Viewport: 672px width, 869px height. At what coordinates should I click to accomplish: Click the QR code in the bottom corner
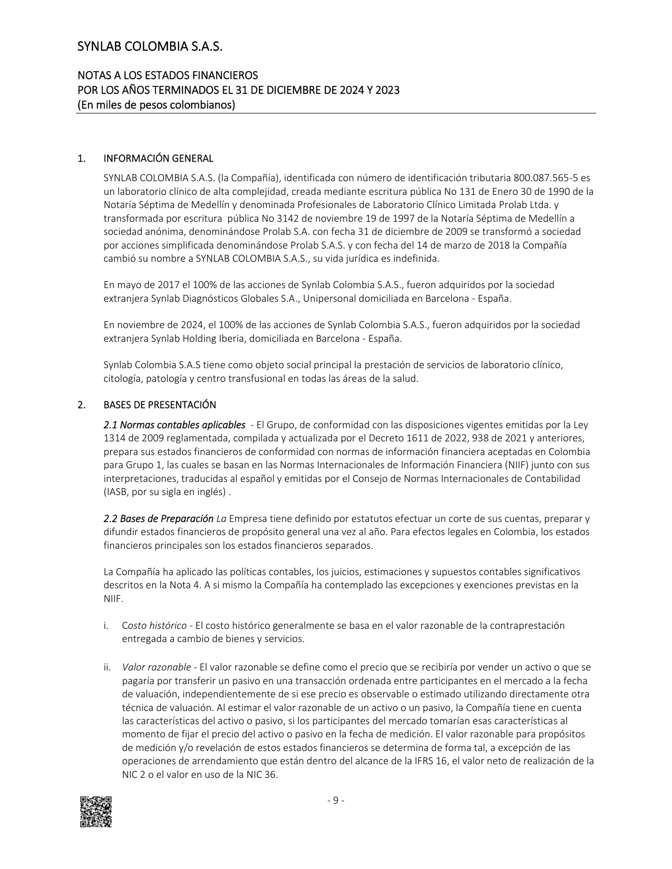pos(96,812)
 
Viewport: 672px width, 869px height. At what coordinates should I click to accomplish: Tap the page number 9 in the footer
pos(336,801)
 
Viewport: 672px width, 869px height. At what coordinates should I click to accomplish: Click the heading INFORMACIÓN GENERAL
pos(158,159)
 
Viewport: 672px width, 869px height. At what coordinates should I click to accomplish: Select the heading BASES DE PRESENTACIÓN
pos(160,405)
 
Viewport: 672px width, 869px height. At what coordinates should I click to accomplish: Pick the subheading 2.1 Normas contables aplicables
pos(174,425)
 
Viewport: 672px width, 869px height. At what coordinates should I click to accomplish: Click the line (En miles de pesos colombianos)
pos(157,105)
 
